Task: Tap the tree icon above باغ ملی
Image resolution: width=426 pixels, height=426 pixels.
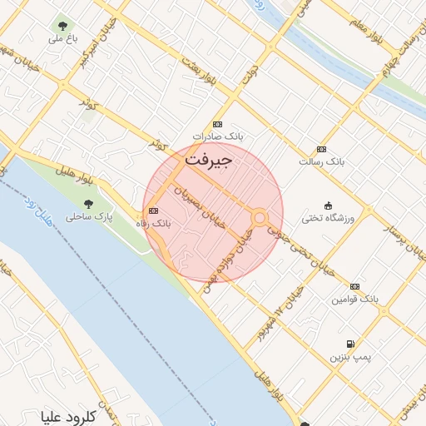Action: [x=63, y=24]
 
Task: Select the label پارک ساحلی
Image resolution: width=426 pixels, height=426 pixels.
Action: [x=89, y=217]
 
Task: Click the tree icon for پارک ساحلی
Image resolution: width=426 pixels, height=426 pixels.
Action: [x=89, y=203]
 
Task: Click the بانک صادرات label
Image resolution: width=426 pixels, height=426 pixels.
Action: [x=215, y=136]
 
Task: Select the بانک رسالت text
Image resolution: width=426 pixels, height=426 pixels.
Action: [x=322, y=159]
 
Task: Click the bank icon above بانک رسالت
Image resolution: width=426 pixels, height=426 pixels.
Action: [x=322, y=146]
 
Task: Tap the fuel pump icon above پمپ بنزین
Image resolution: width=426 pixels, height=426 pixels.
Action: [x=349, y=344]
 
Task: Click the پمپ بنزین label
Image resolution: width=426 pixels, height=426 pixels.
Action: [x=349, y=357]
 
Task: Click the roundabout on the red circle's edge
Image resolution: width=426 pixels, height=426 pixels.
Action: [x=260, y=218]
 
